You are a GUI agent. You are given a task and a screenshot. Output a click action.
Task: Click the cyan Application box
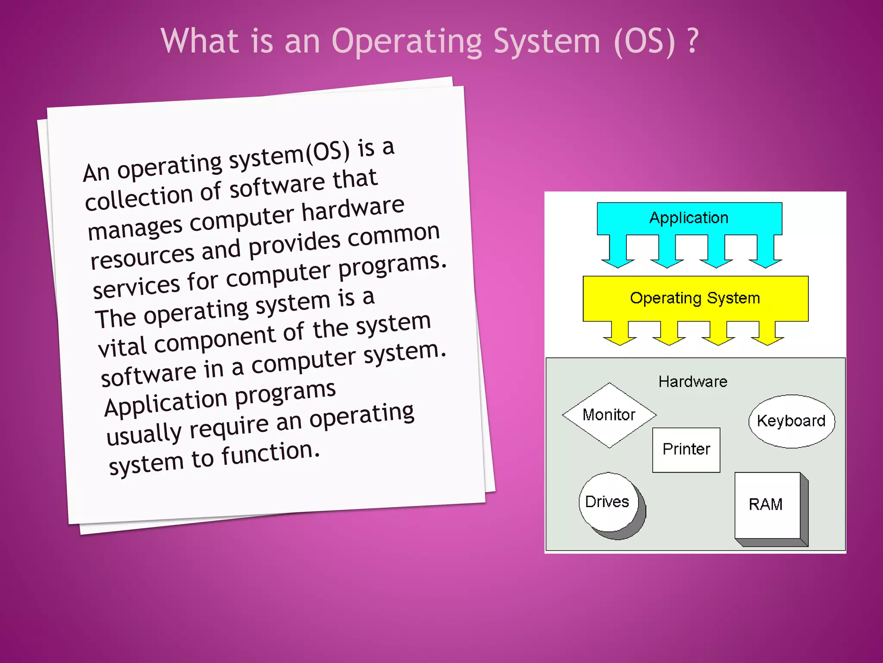point(689,218)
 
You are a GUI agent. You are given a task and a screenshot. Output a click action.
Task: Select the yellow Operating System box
point(695,298)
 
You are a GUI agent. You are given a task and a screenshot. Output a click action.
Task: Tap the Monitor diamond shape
point(609,415)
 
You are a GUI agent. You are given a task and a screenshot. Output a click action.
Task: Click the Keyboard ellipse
point(791,421)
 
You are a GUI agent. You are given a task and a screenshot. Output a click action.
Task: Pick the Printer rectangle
point(686,449)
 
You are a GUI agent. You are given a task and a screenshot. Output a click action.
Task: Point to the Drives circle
point(607,502)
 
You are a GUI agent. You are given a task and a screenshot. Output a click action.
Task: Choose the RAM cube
point(766,505)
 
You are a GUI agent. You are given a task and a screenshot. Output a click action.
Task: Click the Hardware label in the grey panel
point(693,382)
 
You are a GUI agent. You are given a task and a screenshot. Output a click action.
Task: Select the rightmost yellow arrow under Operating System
point(767,335)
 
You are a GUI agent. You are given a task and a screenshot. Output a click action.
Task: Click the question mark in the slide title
point(692,41)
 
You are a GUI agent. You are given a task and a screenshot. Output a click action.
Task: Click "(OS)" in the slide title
point(644,42)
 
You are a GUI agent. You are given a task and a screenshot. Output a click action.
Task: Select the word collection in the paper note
point(138,198)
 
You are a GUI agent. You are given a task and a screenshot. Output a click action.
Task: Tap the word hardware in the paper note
point(352,209)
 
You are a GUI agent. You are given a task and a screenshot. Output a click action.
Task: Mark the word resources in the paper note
point(142,256)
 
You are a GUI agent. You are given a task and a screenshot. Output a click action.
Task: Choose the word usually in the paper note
point(144,434)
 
